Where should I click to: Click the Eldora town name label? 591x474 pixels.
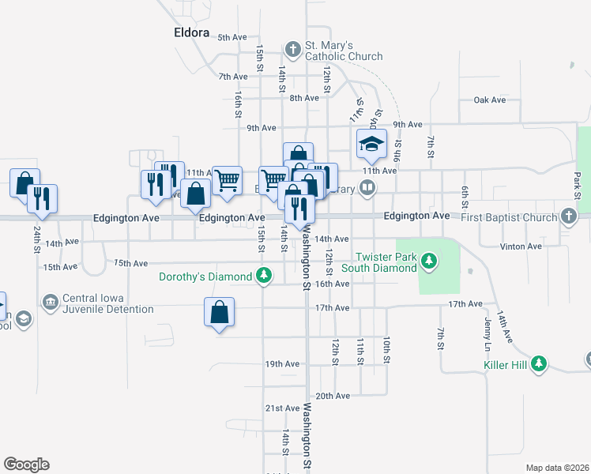point(193,32)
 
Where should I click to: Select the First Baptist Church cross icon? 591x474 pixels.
point(569,216)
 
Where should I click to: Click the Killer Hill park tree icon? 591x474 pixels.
point(540,363)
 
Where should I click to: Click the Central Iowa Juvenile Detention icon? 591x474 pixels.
point(51,303)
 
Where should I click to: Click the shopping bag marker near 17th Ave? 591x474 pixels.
point(219,312)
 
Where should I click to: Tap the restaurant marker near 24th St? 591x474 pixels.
point(42,198)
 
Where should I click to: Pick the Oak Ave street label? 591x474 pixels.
point(489,100)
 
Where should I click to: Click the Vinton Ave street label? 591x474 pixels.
point(521,246)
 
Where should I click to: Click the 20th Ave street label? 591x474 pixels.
point(332,396)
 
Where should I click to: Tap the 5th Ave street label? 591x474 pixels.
point(232,37)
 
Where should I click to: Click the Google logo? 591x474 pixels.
point(25,465)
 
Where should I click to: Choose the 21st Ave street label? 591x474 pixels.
point(282,408)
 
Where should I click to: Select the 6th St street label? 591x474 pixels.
point(466,193)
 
